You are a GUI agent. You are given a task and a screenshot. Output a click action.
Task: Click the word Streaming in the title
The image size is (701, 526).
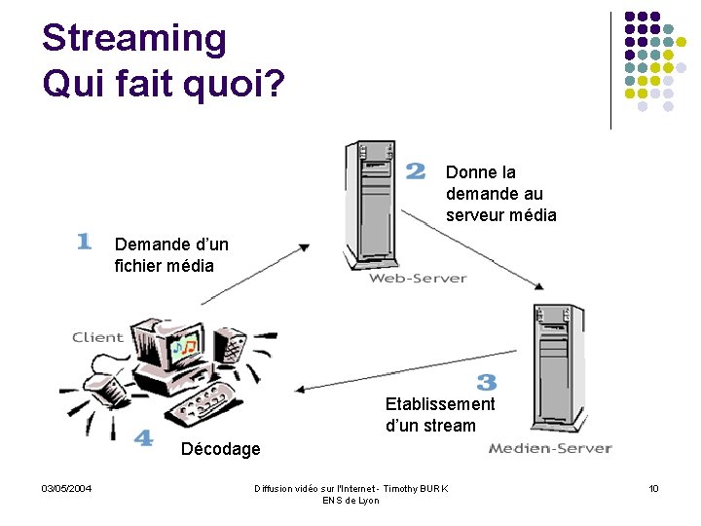(x=134, y=39)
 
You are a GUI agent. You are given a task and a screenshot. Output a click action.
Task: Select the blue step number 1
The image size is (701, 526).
(x=84, y=241)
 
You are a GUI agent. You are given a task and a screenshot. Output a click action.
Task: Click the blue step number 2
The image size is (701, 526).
(x=416, y=171)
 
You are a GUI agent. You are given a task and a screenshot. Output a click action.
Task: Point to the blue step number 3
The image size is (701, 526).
(x=487, y=383)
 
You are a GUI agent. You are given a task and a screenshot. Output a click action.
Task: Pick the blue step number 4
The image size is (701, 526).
(x=143, y=438)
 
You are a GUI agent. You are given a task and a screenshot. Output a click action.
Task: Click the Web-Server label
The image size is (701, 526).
(x=418, y=279)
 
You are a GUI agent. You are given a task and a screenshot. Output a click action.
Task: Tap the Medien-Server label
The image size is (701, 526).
(x=550, y=448)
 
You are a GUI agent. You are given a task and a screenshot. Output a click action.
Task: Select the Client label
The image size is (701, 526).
(x=97, y=337)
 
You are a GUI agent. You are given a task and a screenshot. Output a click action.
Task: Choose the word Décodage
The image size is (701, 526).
(x=221, y=449)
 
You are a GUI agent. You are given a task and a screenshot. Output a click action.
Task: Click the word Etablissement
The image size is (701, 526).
(x=440, y=403)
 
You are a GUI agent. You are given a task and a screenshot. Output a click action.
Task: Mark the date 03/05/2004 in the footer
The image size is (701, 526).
(x=66, y=488)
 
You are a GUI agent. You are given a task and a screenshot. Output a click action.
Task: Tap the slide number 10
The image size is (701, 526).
(x=654, y=488)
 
